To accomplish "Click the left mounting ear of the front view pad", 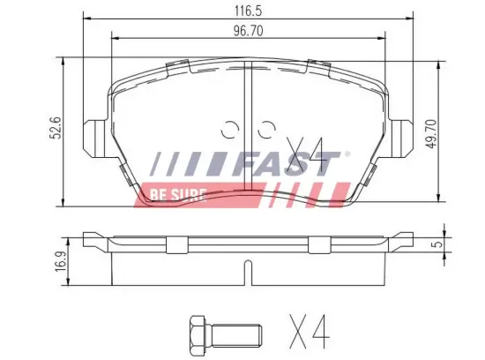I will (93, 137).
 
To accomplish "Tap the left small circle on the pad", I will (232, 129).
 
